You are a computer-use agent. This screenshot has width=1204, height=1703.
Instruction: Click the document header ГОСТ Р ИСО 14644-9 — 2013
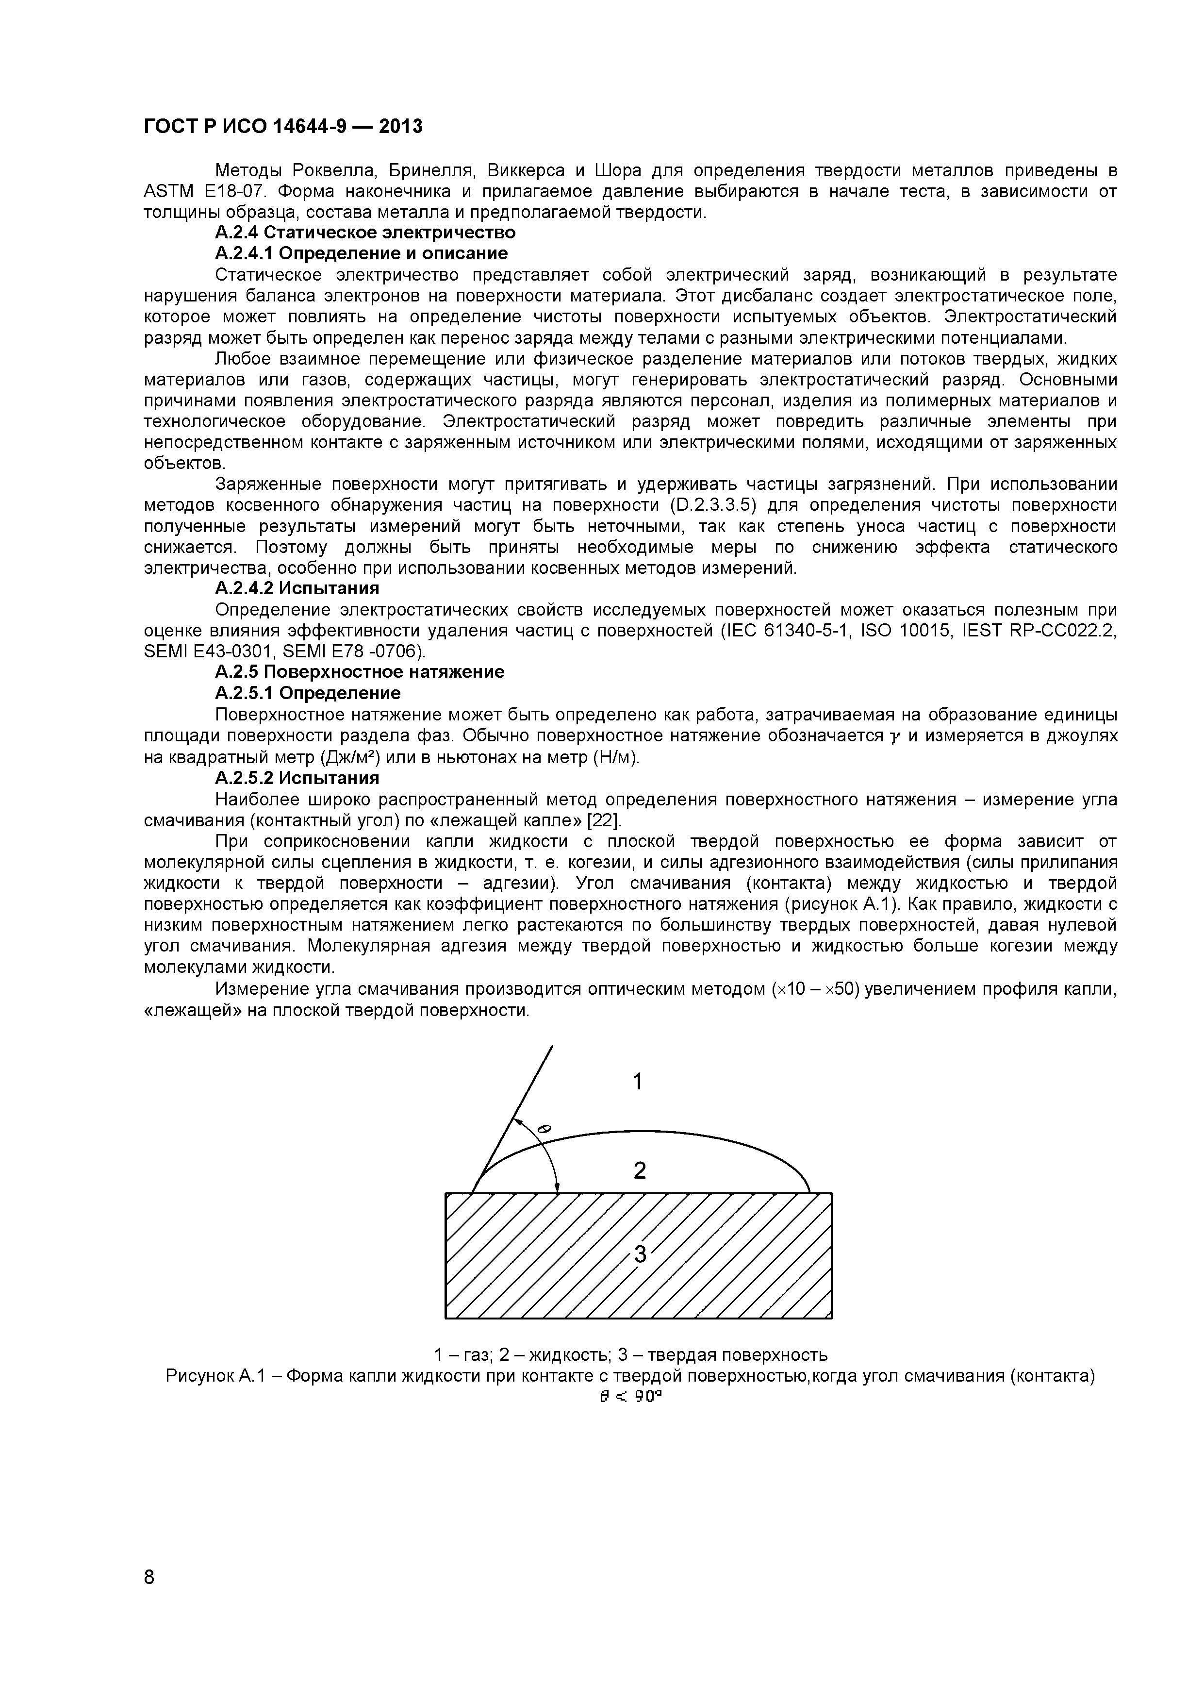pos(282,127)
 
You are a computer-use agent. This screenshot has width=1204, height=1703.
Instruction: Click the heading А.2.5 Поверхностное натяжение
pos(360,672)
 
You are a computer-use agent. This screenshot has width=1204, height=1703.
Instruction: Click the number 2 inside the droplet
pos(639,1170)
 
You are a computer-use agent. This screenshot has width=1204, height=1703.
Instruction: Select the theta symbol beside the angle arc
pos(544,1130)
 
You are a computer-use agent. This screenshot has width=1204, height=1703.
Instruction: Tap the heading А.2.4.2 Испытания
pos(297,588)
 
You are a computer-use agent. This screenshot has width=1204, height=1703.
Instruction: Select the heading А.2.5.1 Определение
pos(308,693)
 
